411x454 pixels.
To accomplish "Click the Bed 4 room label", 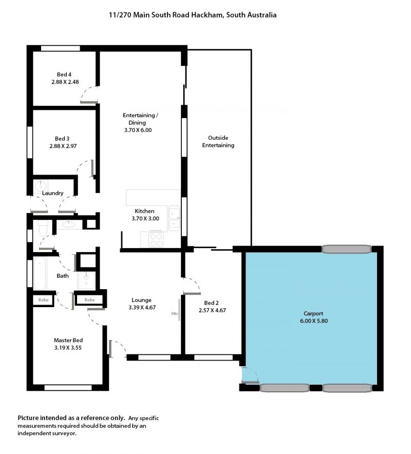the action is [x=64, y=74].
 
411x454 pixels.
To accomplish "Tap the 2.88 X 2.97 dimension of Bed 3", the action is [x=63, y=146].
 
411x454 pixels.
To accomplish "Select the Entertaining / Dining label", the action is [x=140, y=119].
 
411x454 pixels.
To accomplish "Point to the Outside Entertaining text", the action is [x=218, y=142].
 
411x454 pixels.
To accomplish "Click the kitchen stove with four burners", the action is [x=156, y=240].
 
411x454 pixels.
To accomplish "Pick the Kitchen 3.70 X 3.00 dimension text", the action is [x=145, y=219].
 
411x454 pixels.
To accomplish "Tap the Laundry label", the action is [x=53, y=193].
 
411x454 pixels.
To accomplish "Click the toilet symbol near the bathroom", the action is [x=44, y=228].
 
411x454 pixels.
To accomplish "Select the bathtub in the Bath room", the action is [x=40, y=273].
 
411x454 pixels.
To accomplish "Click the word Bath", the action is [x=63, y=276].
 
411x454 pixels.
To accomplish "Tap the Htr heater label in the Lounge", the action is [x=174, y=314].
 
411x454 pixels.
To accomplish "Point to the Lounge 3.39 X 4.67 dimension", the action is [x=142, y=308].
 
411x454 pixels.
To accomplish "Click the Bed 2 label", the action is [x=212, y=303].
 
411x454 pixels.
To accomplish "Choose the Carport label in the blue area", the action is [x=313, y=314].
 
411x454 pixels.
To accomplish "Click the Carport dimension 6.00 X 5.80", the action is [x=314, y=321].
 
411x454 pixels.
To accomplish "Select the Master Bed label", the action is [x=68, y=340].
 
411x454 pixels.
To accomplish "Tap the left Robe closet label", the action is [x=44, y=300].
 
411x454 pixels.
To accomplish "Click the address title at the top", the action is [x=193, y=15].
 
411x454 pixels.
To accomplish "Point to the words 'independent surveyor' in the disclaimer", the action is [x=46, y=433].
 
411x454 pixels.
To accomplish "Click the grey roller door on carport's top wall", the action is [x=346, y=249].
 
